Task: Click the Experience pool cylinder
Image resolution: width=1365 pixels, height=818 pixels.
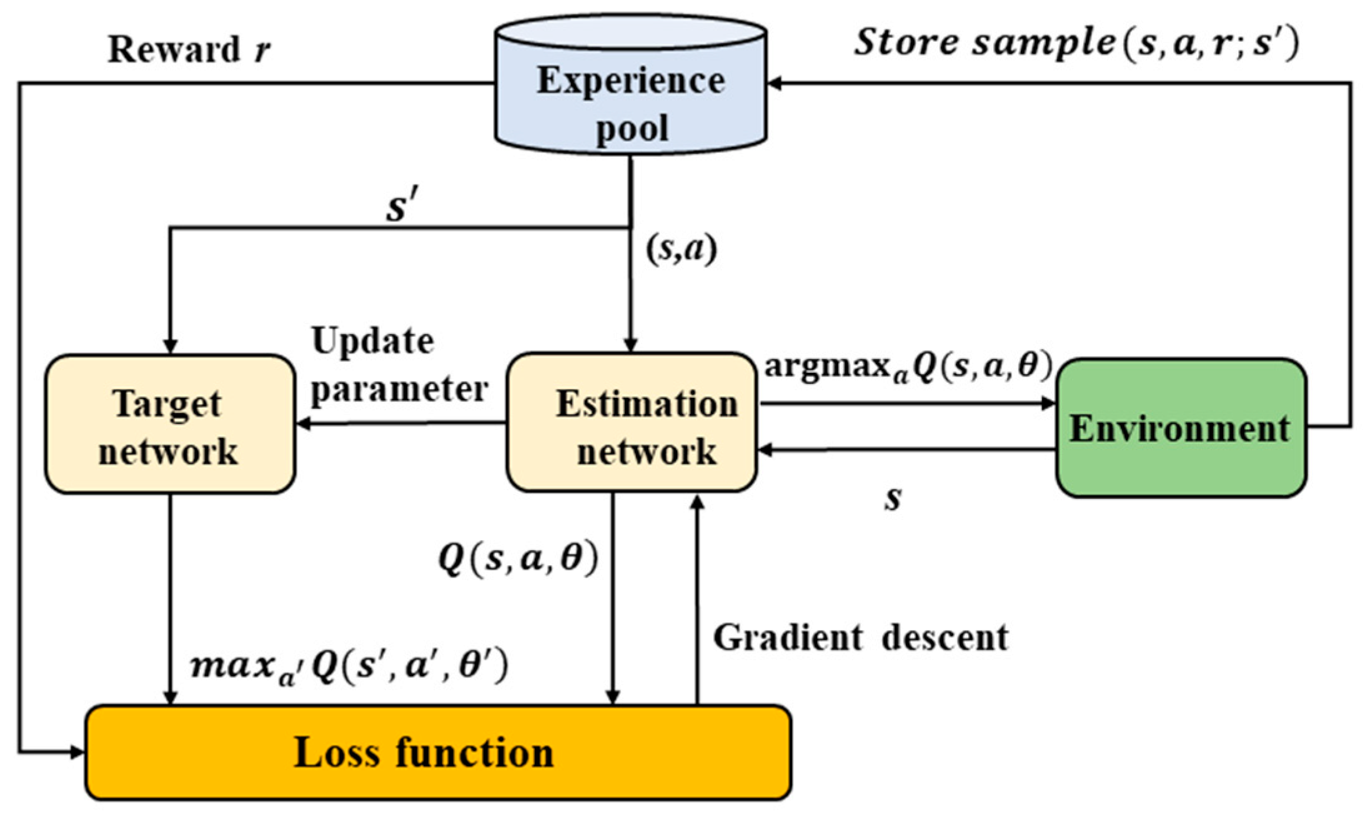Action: [630, 84]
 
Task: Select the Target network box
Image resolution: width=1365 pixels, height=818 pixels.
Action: [170, 424]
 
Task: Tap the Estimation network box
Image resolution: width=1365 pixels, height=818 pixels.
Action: [632, 422]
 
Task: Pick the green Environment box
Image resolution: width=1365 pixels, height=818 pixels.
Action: [1181, 428]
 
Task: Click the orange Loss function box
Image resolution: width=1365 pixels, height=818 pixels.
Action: [438, 752]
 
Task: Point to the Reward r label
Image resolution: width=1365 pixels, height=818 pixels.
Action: [189, 49]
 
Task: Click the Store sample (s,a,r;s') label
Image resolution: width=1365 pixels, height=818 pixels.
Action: [1076, 44]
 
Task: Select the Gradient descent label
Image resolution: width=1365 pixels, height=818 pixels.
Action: [861, 638]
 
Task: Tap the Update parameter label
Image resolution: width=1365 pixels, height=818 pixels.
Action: [399, 366]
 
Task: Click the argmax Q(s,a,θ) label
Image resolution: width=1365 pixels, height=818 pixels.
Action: [909, 367]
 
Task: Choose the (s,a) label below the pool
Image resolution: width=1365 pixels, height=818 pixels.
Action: [682, 249]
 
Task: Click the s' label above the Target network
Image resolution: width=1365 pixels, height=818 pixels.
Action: [400, 206]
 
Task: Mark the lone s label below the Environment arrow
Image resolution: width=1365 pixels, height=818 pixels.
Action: [893, 499]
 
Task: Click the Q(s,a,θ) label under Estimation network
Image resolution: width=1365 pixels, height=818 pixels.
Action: [518, 558]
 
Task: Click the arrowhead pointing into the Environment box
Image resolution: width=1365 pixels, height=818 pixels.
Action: [1049, 403]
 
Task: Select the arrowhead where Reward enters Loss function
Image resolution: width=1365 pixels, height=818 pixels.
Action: [78, 752]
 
